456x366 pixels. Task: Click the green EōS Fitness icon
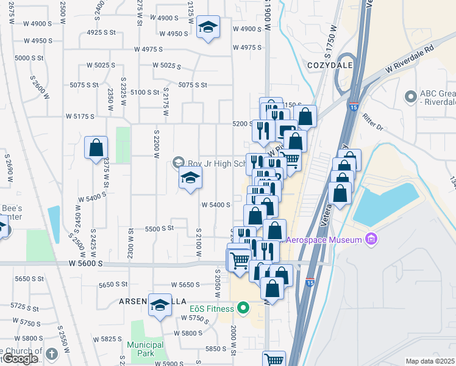[x=243, y=308]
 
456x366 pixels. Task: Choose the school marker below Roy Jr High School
[x=190, y=178]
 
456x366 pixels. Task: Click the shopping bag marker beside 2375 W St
[x=96, y=147]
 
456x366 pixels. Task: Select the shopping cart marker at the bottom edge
[x=274, y=360]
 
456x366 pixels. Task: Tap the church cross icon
[x=51, y=353]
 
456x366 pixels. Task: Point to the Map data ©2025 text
[x=430, y=361]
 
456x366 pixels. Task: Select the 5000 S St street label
[x=29, y=58]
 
